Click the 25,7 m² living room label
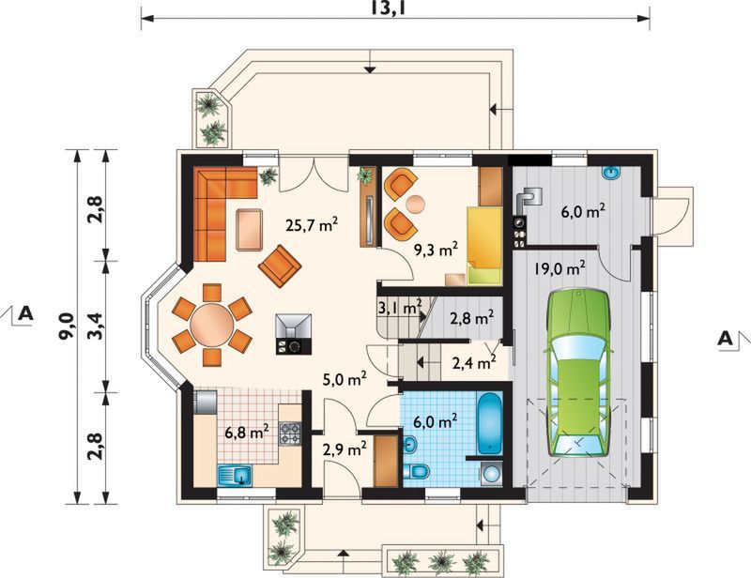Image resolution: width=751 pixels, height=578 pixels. [x=312, y=224]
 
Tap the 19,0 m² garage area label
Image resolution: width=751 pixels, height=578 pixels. [x=559, y=268]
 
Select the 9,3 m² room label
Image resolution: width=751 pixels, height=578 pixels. [x=436, y=249]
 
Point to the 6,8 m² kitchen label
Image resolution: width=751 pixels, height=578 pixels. [x=247, y=432]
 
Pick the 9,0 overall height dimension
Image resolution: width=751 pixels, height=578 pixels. [x=67, y=326]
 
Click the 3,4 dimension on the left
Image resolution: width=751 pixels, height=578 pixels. [x=96, y=326]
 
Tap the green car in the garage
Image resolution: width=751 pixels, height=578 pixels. [x=577, y=373]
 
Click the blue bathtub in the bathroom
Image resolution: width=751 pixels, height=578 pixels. [x=490, y=423]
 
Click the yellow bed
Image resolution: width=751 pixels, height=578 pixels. [x=484, y=246]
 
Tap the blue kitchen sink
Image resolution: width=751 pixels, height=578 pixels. [x=236, y=476]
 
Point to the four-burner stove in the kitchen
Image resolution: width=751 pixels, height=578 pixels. [x=290, y=433]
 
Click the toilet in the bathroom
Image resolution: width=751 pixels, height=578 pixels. [x=416, y=471]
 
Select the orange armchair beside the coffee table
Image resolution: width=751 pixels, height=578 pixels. [x=280, y=266]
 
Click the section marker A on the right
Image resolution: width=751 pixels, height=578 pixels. [x=725, y=339]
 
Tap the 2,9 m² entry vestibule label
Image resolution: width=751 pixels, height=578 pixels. [x=345, y=449]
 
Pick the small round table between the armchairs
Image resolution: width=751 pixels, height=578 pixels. [x=415, y=205]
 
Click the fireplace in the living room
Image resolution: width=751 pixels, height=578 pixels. [x=293, y=334]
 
